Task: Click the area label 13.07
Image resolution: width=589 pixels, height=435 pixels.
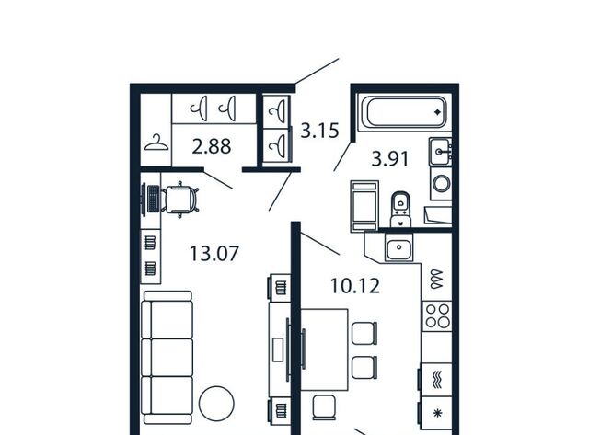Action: pos(214,253)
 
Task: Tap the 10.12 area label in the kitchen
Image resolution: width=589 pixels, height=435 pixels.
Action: pos(355,286)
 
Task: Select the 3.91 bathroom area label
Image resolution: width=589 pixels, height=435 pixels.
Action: pos(390,159)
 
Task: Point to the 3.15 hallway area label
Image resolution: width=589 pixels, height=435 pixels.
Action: pos(319,131)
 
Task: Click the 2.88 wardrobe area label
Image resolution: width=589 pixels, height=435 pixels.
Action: pos(212,146)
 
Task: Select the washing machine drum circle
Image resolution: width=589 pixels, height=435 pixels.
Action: pos(442,184)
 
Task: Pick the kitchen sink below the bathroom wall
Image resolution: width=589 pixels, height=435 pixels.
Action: pos(398,247)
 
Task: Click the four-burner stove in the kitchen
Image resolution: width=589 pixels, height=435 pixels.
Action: pos(437,316)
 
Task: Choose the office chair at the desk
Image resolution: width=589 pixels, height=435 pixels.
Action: pos(180,200)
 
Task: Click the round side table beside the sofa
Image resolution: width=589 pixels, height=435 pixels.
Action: pos(216,404)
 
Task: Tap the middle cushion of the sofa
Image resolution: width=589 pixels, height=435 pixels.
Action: pos(167,358)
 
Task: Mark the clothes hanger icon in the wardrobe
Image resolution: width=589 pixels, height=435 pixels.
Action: pos(156,143)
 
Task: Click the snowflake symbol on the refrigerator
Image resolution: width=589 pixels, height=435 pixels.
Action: pos(437,413)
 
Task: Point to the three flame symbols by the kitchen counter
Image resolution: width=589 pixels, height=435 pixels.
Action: pos(437,279)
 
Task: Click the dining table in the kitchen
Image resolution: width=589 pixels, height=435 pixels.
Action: pos(325,349)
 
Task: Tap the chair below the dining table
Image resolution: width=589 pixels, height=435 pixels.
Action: pos(324,407)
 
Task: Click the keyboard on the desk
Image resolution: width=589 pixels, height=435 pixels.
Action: pos(154,199)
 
